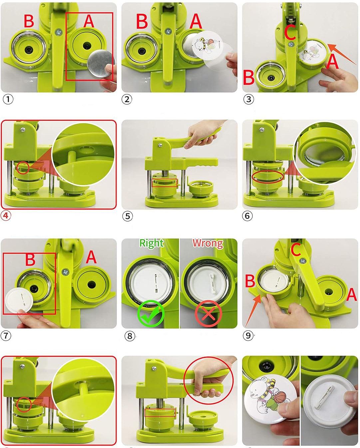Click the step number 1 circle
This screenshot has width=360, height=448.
coord(8,99)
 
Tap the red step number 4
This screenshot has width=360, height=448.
coord(6,215)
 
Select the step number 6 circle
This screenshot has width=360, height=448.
coord(247,216)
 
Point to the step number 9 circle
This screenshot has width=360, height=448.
coord(248,335)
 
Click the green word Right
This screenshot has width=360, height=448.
coord(152,243)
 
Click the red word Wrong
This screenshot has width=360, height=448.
coord(208,243)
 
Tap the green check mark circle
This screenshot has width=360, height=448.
coord(151,313)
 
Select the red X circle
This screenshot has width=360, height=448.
coord(208,313)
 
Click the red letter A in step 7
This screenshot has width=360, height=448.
coord(91,257)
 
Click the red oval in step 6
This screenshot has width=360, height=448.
coord(268,177)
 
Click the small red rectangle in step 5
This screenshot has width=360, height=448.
coord(164,183)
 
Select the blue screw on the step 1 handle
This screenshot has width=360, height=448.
coord(58,32)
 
